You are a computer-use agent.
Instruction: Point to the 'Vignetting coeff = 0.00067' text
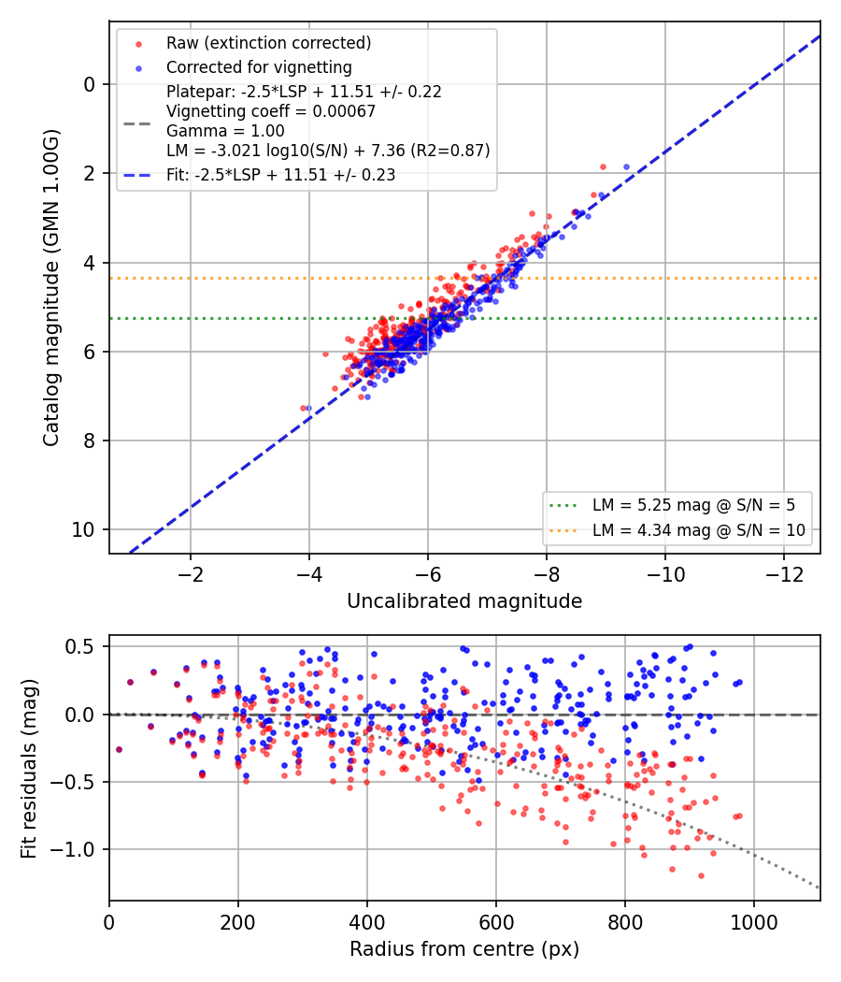[271, 111]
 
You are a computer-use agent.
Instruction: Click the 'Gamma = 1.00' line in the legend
[225, 131]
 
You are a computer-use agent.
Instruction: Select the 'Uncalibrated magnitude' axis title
[464, 601]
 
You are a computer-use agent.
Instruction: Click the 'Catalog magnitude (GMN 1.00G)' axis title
[50, 288]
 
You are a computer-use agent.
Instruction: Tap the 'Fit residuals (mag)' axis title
[29, 768]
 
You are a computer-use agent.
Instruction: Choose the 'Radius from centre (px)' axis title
[464, 949]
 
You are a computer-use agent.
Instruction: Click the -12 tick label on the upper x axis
[784, 573]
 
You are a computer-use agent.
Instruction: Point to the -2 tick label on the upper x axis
[191, 573]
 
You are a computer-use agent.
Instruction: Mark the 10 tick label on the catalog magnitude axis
[83, 530]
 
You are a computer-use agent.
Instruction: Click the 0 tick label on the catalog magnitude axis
[90, 84]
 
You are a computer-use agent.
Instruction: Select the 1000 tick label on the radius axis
[754, 922]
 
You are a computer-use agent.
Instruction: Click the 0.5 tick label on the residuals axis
[80, 645]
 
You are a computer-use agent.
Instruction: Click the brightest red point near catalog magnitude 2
[604, 167]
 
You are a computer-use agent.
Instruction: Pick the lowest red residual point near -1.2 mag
[701, 875]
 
